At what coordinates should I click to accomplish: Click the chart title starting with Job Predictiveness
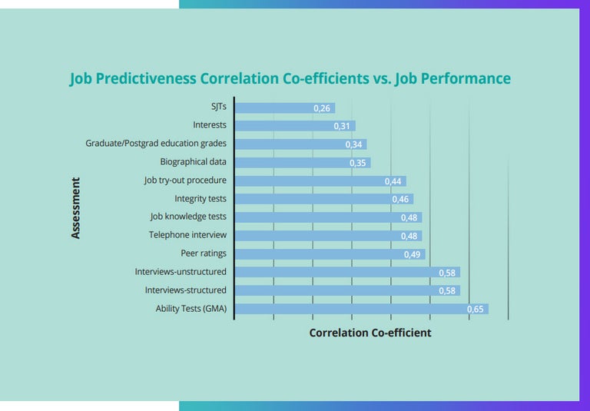(290, 79)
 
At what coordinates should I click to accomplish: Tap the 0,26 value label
(322, 108)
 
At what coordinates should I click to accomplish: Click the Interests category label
(210, 125)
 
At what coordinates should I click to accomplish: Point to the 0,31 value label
(343, 126)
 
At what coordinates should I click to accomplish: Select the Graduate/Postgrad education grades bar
(300, 144)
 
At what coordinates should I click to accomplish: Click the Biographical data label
(193, 162)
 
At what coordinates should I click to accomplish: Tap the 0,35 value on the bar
(358, 163)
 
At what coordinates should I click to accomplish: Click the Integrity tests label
(200, 199)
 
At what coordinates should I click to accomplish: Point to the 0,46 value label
(400, 200)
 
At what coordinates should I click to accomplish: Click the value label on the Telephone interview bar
(409, 236)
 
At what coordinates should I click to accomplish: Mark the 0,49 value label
(413, 254)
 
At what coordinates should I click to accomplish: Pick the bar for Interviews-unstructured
(346, 272)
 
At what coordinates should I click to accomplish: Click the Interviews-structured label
(185, 290)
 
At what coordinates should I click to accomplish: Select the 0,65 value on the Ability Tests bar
(476, 310)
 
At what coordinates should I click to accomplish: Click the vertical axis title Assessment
(75, 208)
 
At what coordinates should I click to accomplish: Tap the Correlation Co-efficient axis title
(370, 333)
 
